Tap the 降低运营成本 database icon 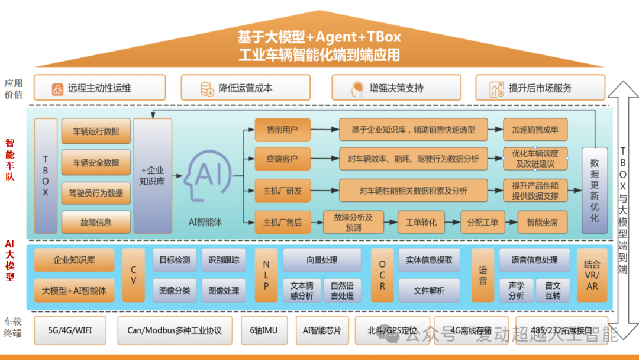207,89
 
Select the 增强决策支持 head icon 357,89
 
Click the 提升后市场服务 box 540,88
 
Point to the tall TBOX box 46,176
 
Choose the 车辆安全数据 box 96,162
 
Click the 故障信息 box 96,223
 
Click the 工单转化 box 421,223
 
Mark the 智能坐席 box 538,223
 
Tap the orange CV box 133,275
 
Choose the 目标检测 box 175,260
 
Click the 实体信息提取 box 429,260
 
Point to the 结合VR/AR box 592,275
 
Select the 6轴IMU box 263,330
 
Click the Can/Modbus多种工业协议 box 175,330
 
